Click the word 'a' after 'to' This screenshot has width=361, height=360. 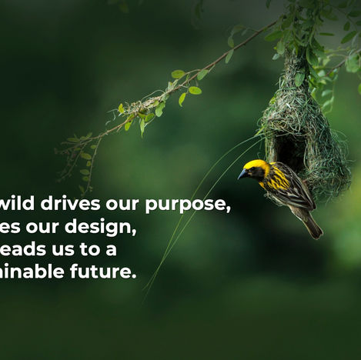point(112,250)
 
